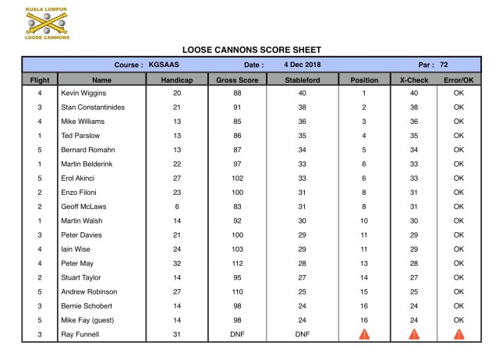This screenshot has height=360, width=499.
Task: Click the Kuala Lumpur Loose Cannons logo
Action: pyautogui.click(x=47, y=24)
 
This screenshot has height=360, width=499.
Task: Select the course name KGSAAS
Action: pyautogui.click(x=165, y=65)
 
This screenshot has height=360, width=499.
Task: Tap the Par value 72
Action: pyautogui.click(x=444, y=65)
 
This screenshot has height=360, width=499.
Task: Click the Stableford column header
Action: pyautogui.click(x=302, y=79)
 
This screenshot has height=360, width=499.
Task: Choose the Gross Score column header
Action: pyautogui.click(x=237, y=79)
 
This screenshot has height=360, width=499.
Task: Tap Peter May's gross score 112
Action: pyautogui.click(x=237, y=263)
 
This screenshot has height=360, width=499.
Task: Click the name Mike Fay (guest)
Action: pyautogui.click(x=87, y=320)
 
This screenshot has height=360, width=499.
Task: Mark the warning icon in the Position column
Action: pyautogui.click(x=363, y=334)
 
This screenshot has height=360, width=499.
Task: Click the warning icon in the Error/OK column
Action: pyautogui.click(x=458, y=334)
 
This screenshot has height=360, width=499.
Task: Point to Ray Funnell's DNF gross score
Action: pyautogui.click(x=237, y=335)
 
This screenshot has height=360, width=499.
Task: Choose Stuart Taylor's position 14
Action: pyautogui.click(x=363, y=277)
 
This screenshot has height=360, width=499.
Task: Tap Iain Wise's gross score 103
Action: pyautogui.click(x=237, y=249)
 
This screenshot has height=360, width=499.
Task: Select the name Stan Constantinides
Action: pyautogui.click(x=92, y=107)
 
